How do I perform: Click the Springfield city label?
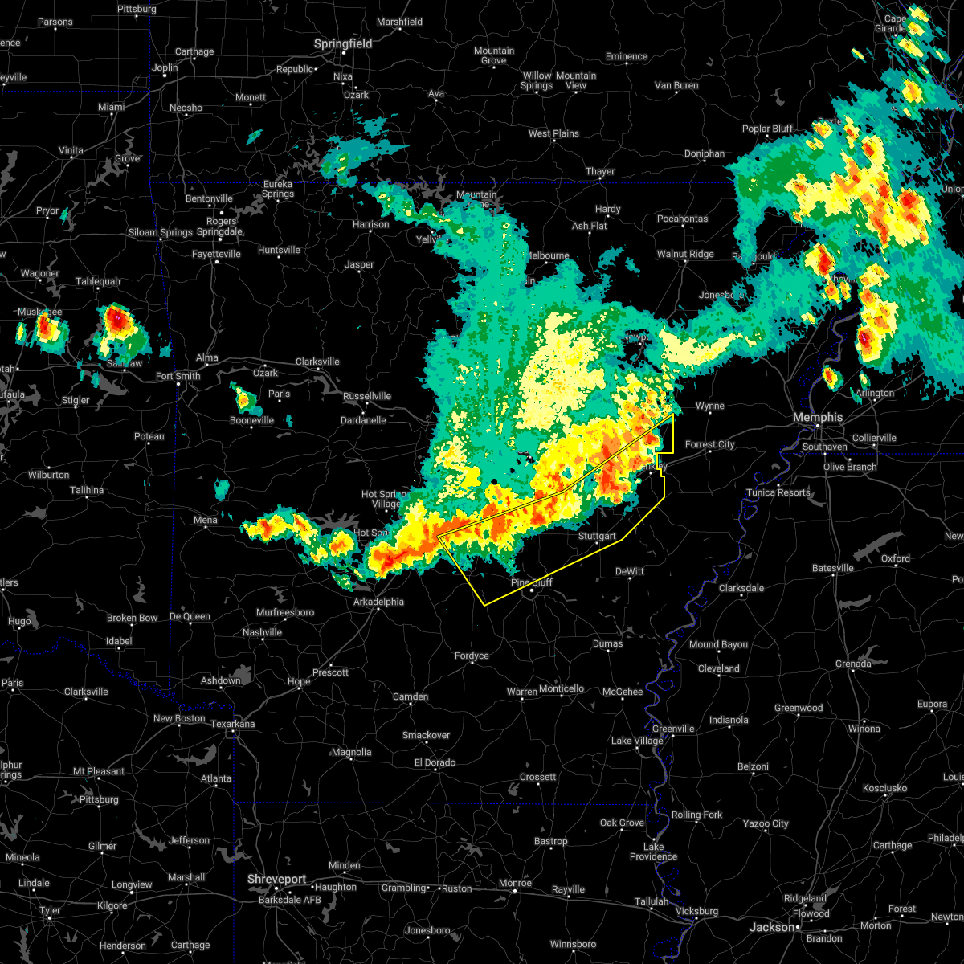[343, 44]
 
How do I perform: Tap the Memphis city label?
[818, 418]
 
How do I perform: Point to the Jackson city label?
[772, 927]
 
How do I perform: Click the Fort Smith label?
[178, 376]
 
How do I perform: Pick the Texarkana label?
[232, 725]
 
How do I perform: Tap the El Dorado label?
[435, 762]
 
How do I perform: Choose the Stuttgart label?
[597, 536]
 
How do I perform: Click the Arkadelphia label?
[379, 602]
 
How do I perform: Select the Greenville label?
[673, 729]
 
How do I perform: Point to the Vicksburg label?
[696, 911]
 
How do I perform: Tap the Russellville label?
[367, 396]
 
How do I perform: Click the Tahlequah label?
[98, 282]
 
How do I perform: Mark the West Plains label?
[553, 133]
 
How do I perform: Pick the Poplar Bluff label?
[767, 129]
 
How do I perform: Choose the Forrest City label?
[710, 444]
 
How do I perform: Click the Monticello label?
[562, 688]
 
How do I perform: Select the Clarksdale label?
[741, 588]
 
